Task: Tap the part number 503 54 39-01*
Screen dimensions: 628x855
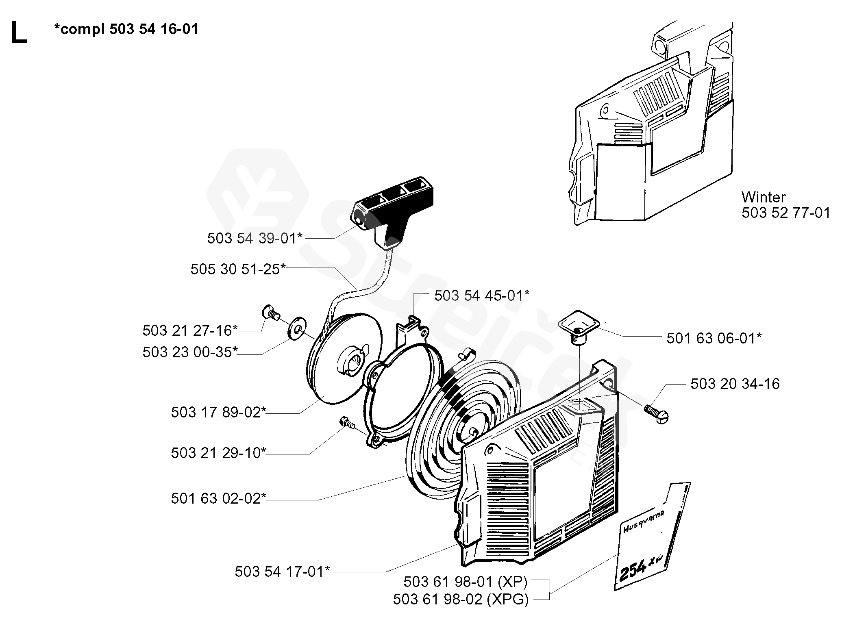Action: point(255,238)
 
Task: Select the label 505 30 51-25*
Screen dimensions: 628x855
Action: point(238,269)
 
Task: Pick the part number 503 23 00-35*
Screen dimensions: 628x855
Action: point(190,352)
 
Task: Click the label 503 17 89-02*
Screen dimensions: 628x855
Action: point(218,412)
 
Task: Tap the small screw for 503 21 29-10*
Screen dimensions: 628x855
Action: point(346,423)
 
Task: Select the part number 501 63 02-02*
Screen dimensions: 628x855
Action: point(218,498)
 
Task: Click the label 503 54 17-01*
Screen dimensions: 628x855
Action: point(283,572)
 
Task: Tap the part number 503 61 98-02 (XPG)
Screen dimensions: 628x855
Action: point(461,599)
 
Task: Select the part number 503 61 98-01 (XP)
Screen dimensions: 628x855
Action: point(465,582)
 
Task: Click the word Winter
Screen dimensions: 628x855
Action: point(764,198)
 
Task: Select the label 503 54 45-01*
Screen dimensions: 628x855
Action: point(482,296)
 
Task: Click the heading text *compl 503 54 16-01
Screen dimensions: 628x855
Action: point(126,29)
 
